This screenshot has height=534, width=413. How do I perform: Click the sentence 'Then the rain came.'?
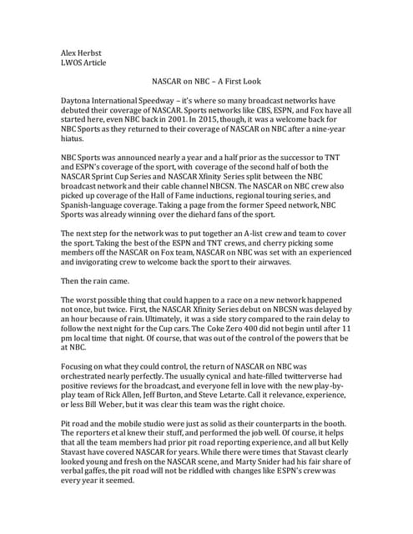(99, 285)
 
